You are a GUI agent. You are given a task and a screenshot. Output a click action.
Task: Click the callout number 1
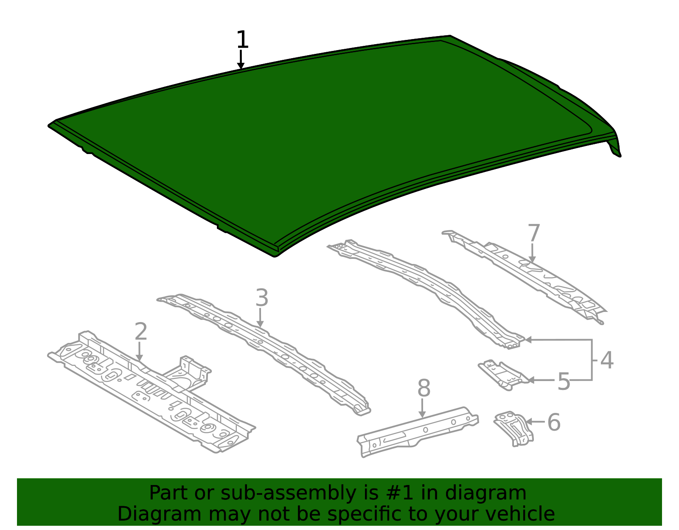tap(242, 39)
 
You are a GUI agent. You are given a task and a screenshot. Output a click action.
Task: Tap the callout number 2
tap(140, 331)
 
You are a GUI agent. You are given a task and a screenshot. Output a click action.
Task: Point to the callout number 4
tap(606, 360)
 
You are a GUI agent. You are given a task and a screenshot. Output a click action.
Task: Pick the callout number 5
tap(564, 381)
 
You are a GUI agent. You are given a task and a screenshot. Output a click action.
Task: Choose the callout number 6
tap(554, 422)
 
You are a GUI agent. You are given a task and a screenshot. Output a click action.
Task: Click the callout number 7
tap(534, 233)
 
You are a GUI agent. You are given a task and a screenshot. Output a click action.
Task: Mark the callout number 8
tap(424, 389)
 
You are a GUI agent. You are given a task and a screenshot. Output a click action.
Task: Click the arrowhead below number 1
tap(241, 65)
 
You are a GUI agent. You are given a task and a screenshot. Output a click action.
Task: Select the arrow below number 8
tap(422, 408)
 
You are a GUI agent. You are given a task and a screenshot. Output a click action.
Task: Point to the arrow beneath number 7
tap(532, 253)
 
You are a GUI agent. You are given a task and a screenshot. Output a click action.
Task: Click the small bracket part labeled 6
tap(513, 427)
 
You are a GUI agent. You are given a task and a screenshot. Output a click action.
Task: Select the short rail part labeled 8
tap(417, 432)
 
